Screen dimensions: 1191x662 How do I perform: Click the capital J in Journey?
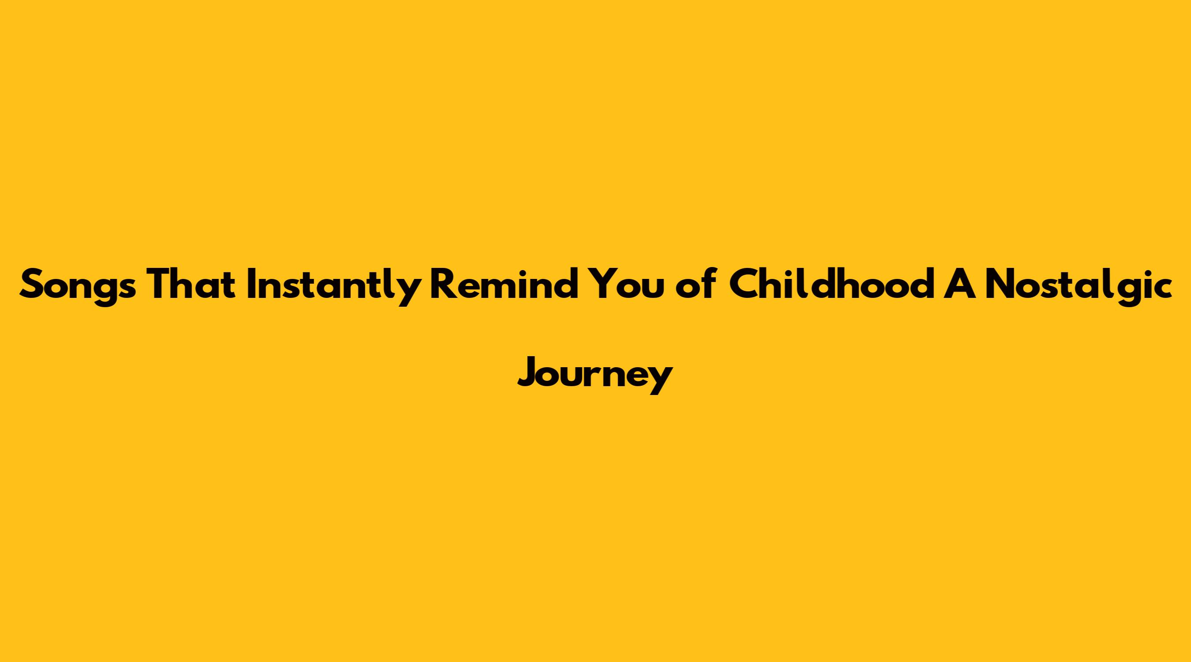527,372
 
